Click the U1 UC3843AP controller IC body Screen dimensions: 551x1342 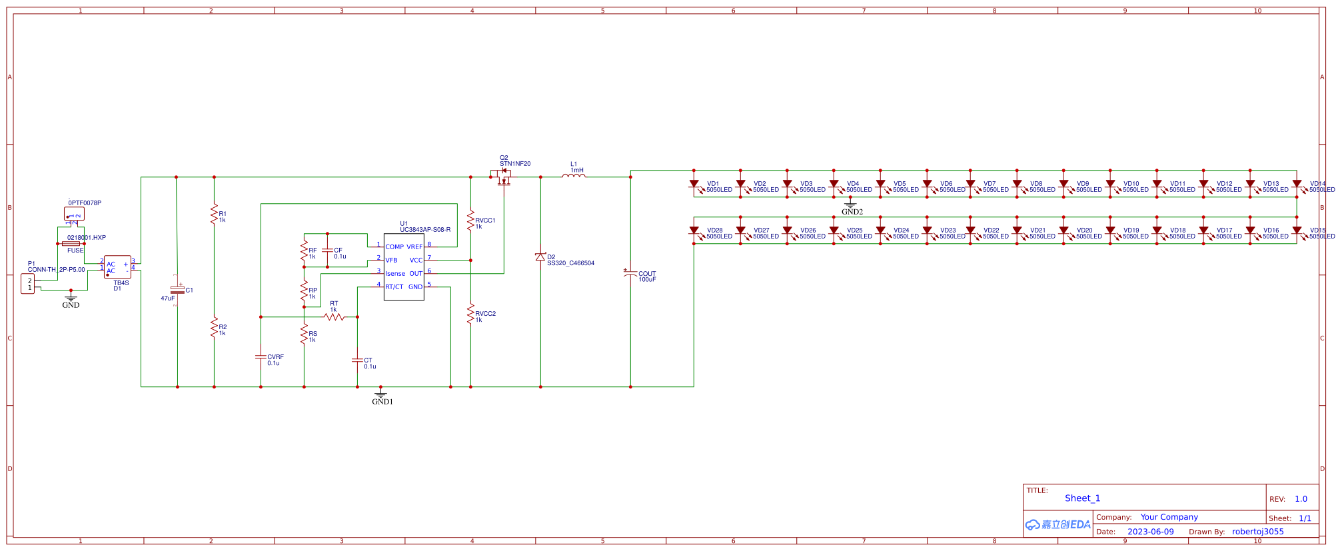pos(404,267)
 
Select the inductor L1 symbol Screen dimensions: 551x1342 pos(574,176)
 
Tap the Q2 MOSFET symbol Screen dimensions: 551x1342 pos(504,177)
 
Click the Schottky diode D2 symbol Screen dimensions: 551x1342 pos(540,257)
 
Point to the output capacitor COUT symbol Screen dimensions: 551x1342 pos(630,273)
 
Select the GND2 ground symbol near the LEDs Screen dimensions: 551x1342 pos(850,204)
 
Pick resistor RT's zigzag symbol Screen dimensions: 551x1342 pos(334,316)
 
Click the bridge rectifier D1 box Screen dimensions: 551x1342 pos(117,267)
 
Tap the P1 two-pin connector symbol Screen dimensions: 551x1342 pos(28,284)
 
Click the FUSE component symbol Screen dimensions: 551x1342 pos(71,244)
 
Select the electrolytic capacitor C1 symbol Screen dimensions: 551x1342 pos(177,290)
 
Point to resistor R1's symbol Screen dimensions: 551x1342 pos(214,215)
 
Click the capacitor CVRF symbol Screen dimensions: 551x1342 pos(261,357)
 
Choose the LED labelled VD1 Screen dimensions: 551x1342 pos(694,184)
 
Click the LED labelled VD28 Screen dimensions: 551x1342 pos(694,231)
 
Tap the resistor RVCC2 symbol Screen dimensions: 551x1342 pos(470,314)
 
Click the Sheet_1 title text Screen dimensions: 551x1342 pos(1082,498)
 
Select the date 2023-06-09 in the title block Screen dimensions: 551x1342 pos(1150,532)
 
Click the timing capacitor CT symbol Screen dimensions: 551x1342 pos(357,360)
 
